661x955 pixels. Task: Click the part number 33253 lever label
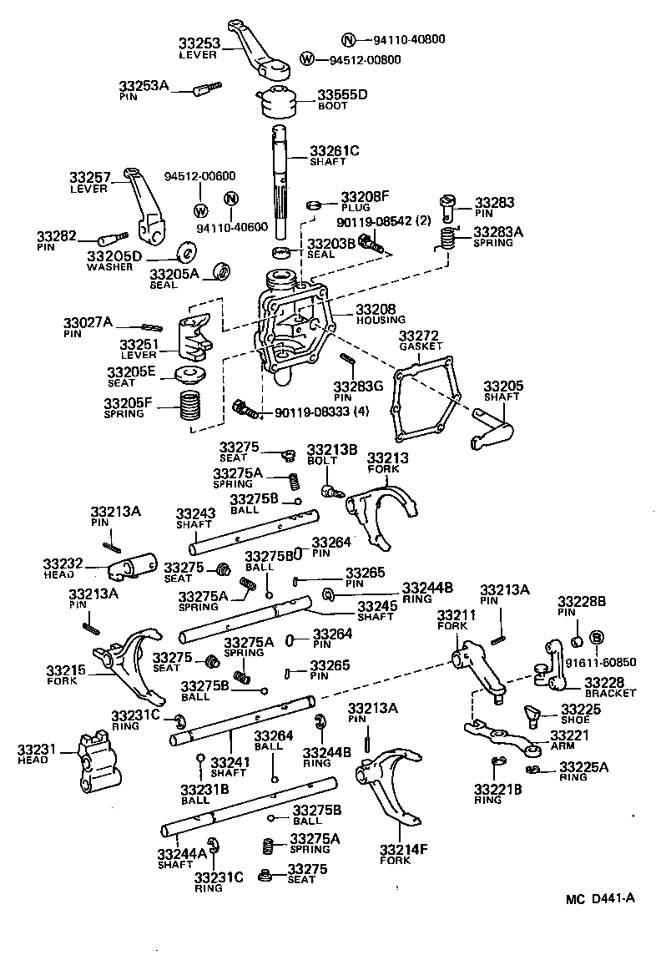point(199,43)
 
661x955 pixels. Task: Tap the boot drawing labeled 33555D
point(279,104)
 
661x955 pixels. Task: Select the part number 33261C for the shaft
point(335,150)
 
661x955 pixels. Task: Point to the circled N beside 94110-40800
point(349,39)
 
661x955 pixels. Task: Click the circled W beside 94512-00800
point(307,59)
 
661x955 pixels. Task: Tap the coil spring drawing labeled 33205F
point(193,407)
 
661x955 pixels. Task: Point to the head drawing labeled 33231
point(94,761)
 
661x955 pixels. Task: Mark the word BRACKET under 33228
point(610,693)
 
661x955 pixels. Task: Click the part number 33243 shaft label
point(195,513)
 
